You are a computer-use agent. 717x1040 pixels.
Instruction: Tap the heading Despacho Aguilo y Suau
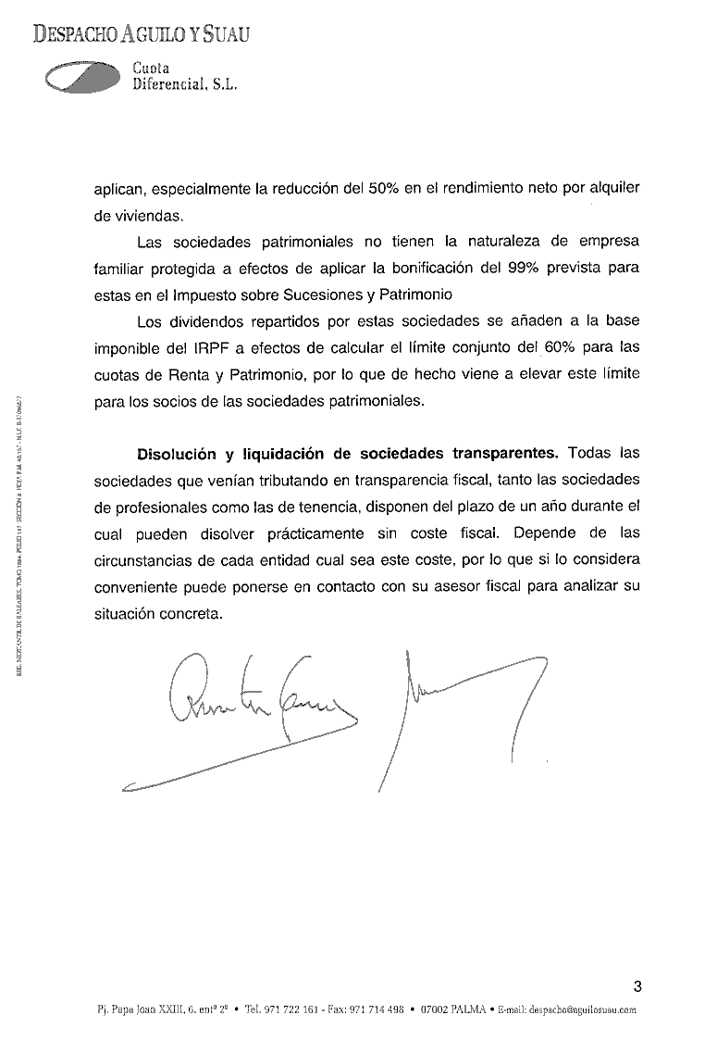[x=142, y=35]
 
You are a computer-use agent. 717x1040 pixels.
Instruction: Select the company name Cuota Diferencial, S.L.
[x=185, y=76]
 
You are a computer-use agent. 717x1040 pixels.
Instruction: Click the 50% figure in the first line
[x=385, y=188]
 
